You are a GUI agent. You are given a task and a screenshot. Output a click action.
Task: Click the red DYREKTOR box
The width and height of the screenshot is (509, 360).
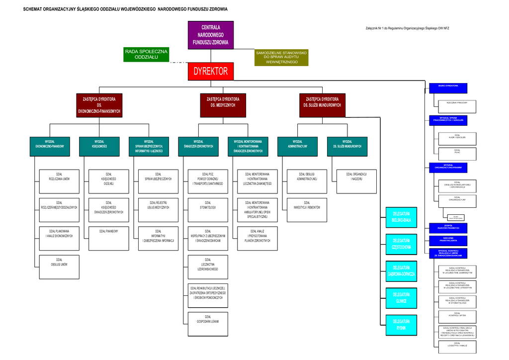coord(210,71)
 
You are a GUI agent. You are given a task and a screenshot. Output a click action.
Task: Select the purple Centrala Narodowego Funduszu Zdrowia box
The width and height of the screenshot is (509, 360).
coord(211,35)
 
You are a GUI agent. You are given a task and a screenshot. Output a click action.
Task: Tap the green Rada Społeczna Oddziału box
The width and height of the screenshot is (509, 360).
coord(146,54)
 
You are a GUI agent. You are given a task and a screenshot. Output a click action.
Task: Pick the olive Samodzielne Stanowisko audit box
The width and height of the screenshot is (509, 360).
coord(281,58)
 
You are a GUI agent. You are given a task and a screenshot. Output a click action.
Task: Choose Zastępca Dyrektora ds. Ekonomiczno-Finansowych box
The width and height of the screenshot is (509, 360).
coord(99,105)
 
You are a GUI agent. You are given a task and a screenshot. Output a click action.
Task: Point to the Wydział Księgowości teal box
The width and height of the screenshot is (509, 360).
coord(99,146)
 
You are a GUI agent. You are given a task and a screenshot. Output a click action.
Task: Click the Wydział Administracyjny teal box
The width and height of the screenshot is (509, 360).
coord(297,146)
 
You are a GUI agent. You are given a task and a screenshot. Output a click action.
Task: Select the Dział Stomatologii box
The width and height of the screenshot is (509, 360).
coord(208,210)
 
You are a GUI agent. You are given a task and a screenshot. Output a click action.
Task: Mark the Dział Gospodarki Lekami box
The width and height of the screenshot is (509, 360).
coord(208,324)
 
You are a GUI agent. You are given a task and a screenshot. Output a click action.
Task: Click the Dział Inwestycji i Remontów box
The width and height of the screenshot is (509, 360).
coord(307,210)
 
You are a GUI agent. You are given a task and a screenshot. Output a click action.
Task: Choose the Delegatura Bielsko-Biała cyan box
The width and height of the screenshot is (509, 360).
coord(401,217)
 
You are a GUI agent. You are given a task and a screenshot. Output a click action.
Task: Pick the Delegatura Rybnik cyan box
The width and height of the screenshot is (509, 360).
coord(401,325)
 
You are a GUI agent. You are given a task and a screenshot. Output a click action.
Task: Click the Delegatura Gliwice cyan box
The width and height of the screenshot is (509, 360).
coord(401,298)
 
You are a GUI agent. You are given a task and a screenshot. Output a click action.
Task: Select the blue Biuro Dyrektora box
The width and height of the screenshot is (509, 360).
coord(448,89)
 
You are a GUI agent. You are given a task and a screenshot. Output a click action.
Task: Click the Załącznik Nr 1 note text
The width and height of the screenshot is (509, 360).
coord(407,28)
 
